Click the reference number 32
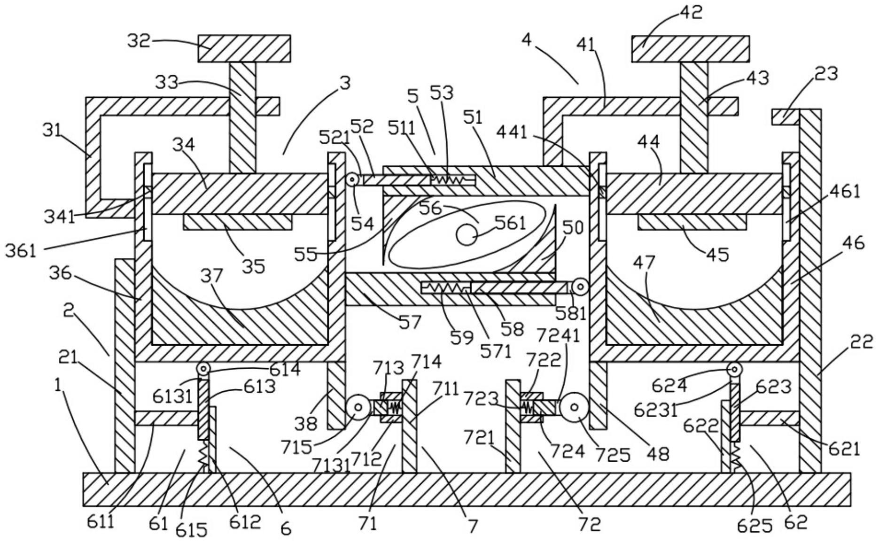(x=139, y=41)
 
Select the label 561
(x=510, y=223)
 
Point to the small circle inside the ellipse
(x=467, y=235)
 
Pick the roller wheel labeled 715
(x=358, y=407)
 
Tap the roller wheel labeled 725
(x=571, y=407)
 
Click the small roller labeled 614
(x=203, y=369)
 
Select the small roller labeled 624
(x=734, y=369)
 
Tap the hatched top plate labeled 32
(x=244, y=48)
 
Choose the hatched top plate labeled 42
(x=690, y=48)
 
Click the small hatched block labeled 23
(x=785, y=117)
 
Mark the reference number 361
(x=21, y=250)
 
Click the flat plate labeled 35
(x=237, y=222)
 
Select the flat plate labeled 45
(x=692, y=222)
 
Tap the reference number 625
(x=755, y=527)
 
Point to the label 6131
(x=172, y=396)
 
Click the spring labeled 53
(x=448, y=179)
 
